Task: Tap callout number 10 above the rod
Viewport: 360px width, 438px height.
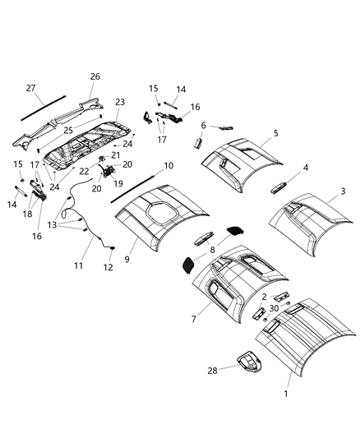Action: (168, 165)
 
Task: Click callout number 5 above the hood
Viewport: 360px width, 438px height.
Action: (275, 132)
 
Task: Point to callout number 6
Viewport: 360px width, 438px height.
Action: (203, 126)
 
